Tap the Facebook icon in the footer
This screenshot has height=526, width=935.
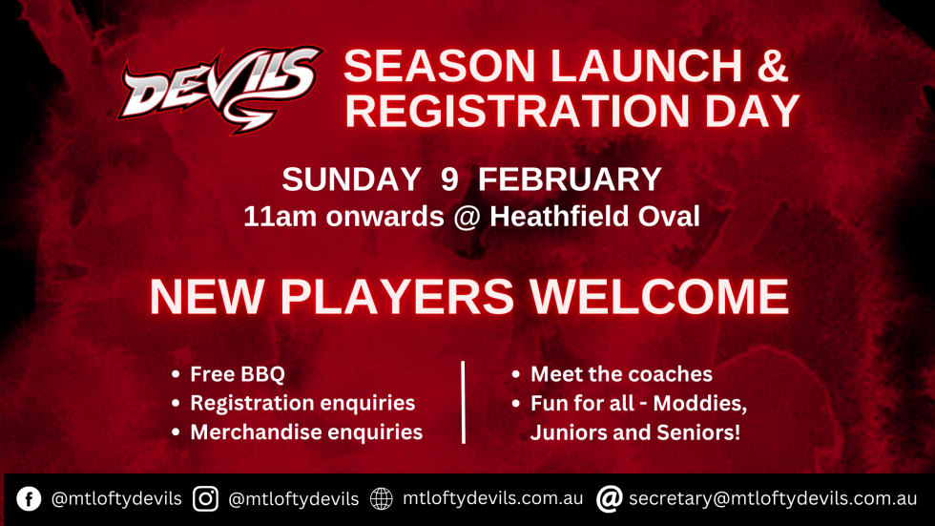(x=29, y=498)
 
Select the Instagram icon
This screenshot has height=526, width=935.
(x=205, y=498)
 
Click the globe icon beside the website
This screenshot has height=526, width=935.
(x=381, y=498)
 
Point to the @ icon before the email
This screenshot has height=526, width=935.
(x=610, y=498)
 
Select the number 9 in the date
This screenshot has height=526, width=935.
(x=448, y=179)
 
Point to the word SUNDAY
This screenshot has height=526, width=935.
(x=350, y=179)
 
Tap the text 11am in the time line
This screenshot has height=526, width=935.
(x=273, y=217)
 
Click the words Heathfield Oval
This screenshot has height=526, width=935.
(x=594, y=217)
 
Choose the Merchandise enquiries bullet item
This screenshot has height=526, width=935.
(x=305, y=431)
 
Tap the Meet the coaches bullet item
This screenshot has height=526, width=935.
(x=621, y=374)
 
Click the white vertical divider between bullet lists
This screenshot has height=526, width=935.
(x=463, y=402)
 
